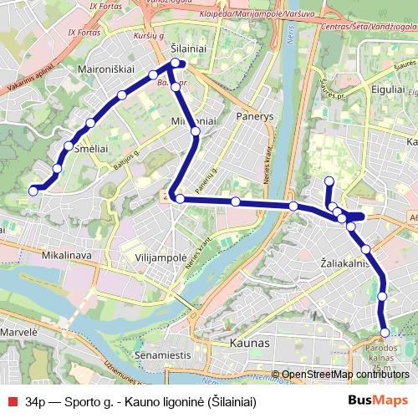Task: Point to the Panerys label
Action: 255,116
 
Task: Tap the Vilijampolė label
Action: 161,258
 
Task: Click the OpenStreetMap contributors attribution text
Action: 345,375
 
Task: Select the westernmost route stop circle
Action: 33,191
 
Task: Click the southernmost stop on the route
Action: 385,334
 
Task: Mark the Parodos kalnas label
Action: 381,354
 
